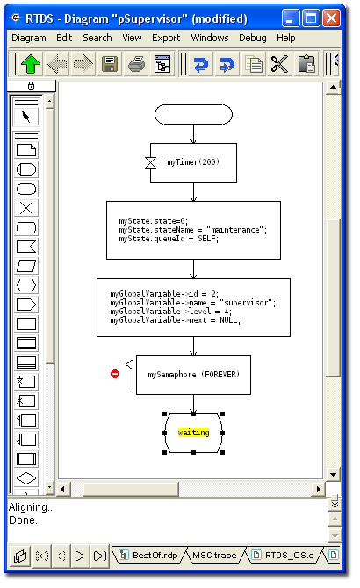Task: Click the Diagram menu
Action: tap(29, 38)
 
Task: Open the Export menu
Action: tap(166, 38)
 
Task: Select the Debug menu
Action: tap(252, 38)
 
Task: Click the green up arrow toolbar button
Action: tap(31, 64)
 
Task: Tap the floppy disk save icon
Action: tap(110, 64)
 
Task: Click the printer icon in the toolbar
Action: tap(136, 64)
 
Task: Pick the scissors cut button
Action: tap(280, 64)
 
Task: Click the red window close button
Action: tap(332, 18)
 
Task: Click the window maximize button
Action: tap(311, 18)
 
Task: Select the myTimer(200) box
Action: tap(193, 162)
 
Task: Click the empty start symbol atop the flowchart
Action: tap(193, 114)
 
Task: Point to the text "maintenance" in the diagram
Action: tap(235, 230)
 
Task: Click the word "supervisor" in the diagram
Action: tap(247, 302)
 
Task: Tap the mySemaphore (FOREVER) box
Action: tap(193, 375)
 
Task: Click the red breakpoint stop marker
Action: tap(115, 374)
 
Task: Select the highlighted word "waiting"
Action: tap(193, 433)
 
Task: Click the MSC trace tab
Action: tap(214, 555)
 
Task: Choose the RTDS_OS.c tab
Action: tap(284, 555)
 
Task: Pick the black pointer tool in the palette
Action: tap(25, 117)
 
